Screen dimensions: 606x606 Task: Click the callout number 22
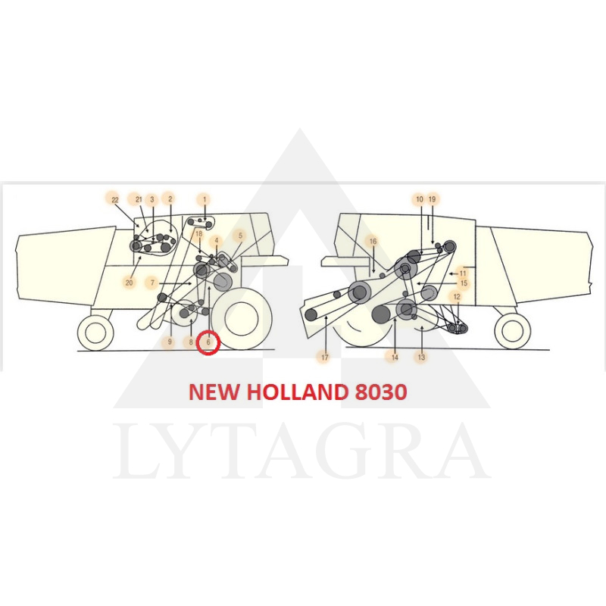click(115, 200)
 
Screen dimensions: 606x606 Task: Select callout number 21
click(139, 199)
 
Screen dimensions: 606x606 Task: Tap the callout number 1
click(205, 199)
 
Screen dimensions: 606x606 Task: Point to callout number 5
click(240, 236)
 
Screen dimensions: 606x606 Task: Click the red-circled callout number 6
click(208, 342)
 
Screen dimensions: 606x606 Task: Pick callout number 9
click(170, 342)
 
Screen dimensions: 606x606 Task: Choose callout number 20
click(129, 283)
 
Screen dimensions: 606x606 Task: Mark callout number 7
click(153, 283)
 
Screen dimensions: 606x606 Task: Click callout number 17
click(325, 358)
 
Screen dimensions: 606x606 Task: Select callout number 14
click(395, 358)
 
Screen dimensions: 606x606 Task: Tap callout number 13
click(421, 358)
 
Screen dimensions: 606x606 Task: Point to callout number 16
click(373, 242)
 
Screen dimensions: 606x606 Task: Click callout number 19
click(432, 199)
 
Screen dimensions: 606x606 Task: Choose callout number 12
click(457, 297)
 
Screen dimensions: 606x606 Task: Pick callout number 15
click(464, 283)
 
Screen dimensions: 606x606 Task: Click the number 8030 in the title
click(380, 392)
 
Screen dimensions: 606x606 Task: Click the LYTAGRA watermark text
click(301, 450)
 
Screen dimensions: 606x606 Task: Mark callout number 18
click(199, 234)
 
